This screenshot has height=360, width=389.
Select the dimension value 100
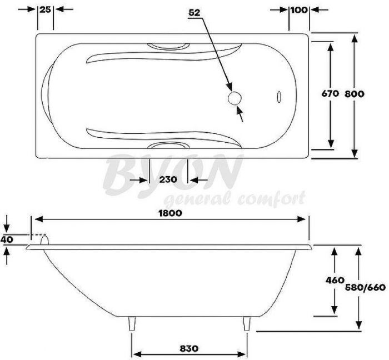(x=299, y=9)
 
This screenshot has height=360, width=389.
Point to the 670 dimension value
(x=330, y=94)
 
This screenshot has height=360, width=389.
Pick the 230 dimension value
(x=168, y=179)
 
